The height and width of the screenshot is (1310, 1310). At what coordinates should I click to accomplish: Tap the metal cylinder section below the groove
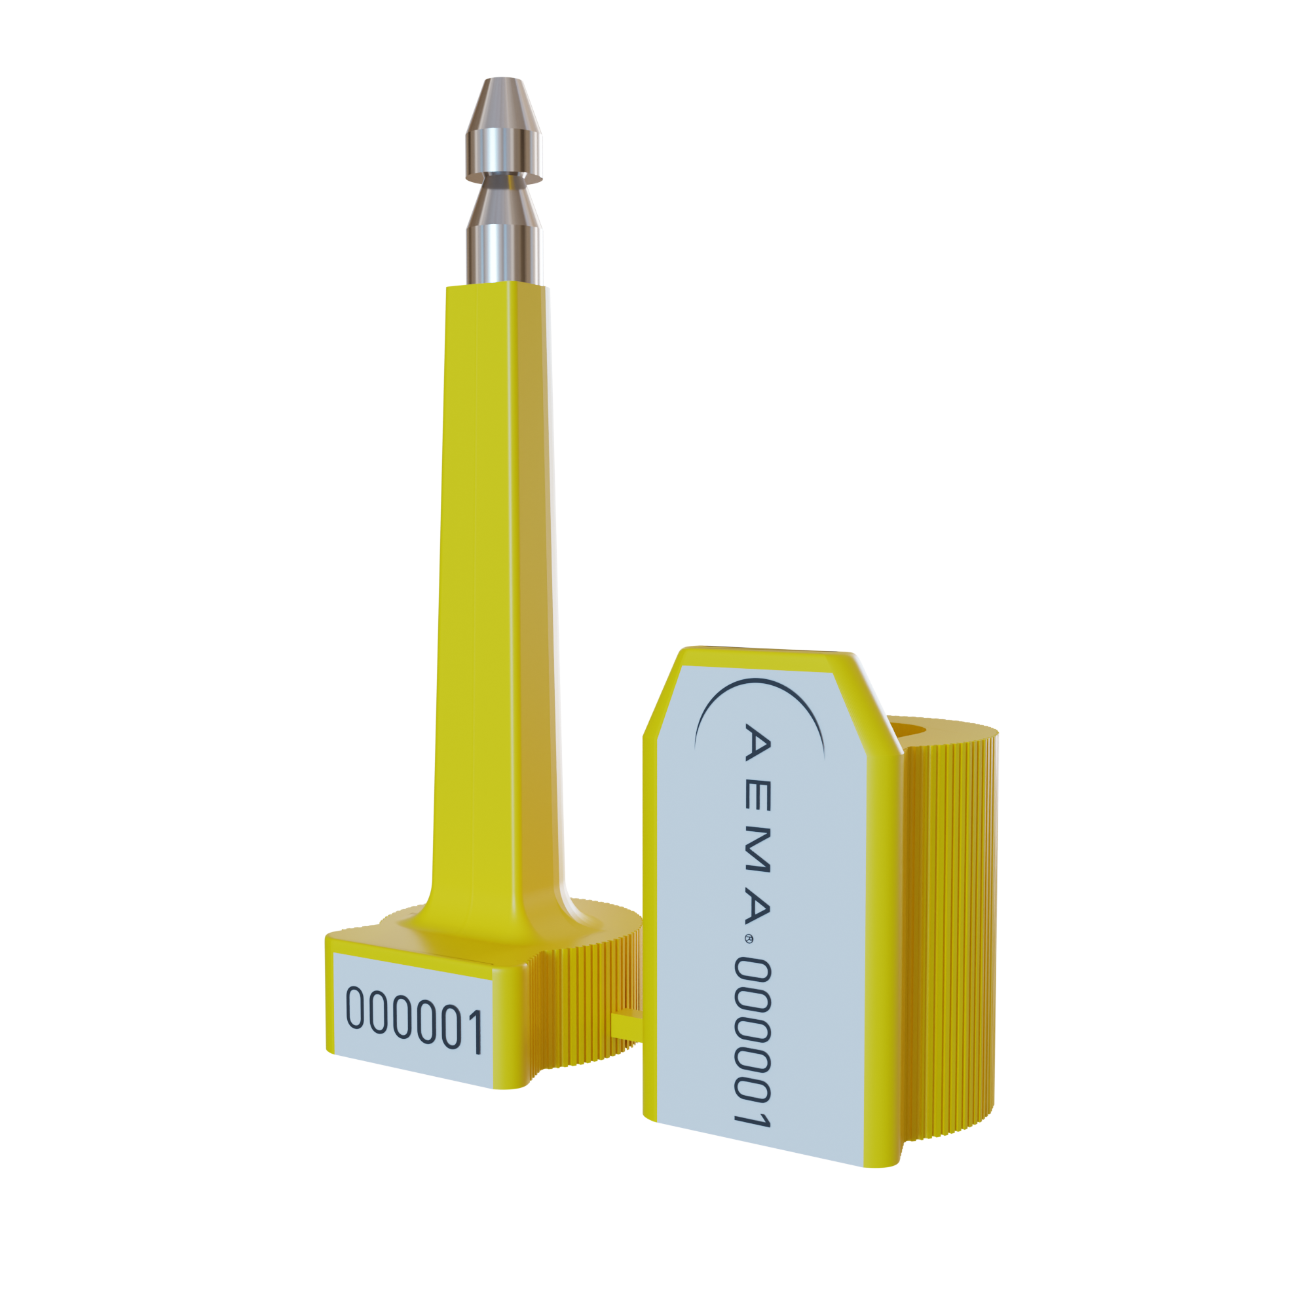[x=503, y=251]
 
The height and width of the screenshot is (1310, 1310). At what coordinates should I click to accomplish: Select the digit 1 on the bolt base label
[x=473, y=1033]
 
